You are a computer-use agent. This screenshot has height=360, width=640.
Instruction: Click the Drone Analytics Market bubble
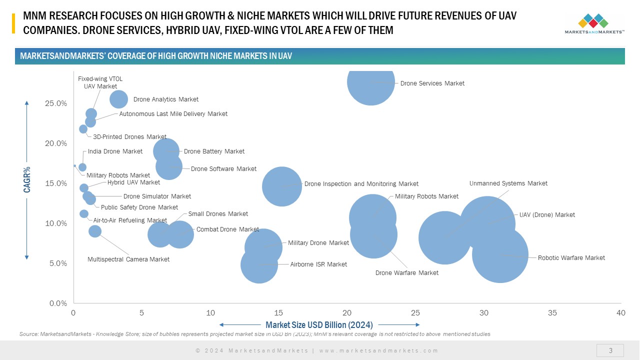pos(118,99)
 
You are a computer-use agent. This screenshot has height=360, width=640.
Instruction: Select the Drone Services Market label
pos(432,83)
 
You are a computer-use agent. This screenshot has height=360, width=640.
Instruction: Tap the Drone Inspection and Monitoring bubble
pos(281,186)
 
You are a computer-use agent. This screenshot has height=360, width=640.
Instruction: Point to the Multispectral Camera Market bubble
pos(95,231)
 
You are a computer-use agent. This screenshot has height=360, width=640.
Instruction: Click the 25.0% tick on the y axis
pos(56,103)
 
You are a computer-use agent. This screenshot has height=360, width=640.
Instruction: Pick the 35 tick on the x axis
pos(552,313)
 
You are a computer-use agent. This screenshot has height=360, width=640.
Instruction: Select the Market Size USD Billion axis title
pos(319,324)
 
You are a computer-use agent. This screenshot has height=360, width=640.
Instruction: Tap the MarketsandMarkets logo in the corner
pos(594,23)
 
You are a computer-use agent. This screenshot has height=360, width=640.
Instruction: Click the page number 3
pos(610,350)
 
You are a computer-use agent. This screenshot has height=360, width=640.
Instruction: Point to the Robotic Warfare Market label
pos(571,258)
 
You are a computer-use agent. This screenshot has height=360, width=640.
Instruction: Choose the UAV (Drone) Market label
pos(547,215)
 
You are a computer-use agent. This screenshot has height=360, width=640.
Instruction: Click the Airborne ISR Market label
pos(318,264)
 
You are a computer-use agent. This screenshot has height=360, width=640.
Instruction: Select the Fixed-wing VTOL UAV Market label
pos(100,82)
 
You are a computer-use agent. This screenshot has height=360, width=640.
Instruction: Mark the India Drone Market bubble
pos(82,167)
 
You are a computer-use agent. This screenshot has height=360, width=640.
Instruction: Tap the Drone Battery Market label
pos(214,151)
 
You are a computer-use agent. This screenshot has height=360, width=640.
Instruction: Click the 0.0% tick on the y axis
pos(58,303)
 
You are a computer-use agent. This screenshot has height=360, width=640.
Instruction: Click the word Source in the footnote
pos(27,334)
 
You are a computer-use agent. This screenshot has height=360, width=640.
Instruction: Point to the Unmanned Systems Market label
pos(508,183)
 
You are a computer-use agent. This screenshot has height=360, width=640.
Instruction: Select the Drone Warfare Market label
pos(406,273)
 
